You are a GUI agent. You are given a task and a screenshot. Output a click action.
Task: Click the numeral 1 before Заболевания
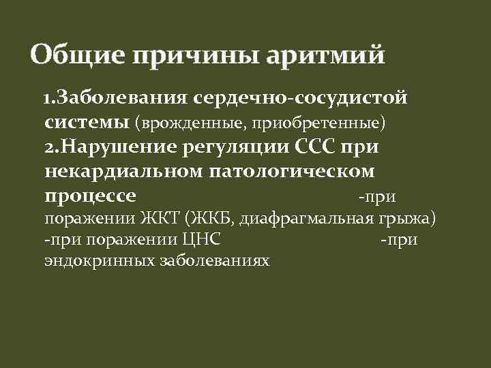pos(46,99)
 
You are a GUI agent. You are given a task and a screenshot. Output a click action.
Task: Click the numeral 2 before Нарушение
pos(49,148)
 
